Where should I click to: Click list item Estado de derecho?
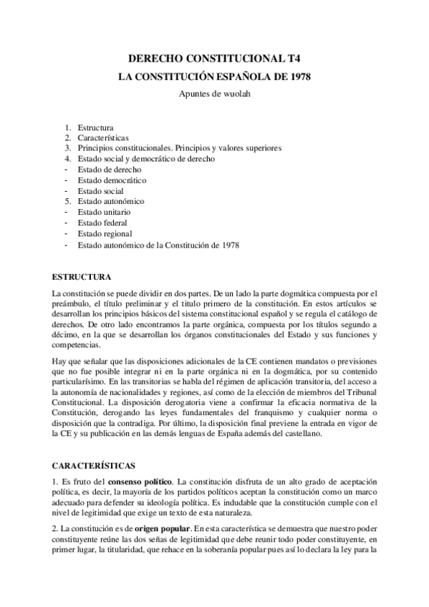click(x=110, y=170)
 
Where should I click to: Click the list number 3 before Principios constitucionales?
click(x=66, y=148)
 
